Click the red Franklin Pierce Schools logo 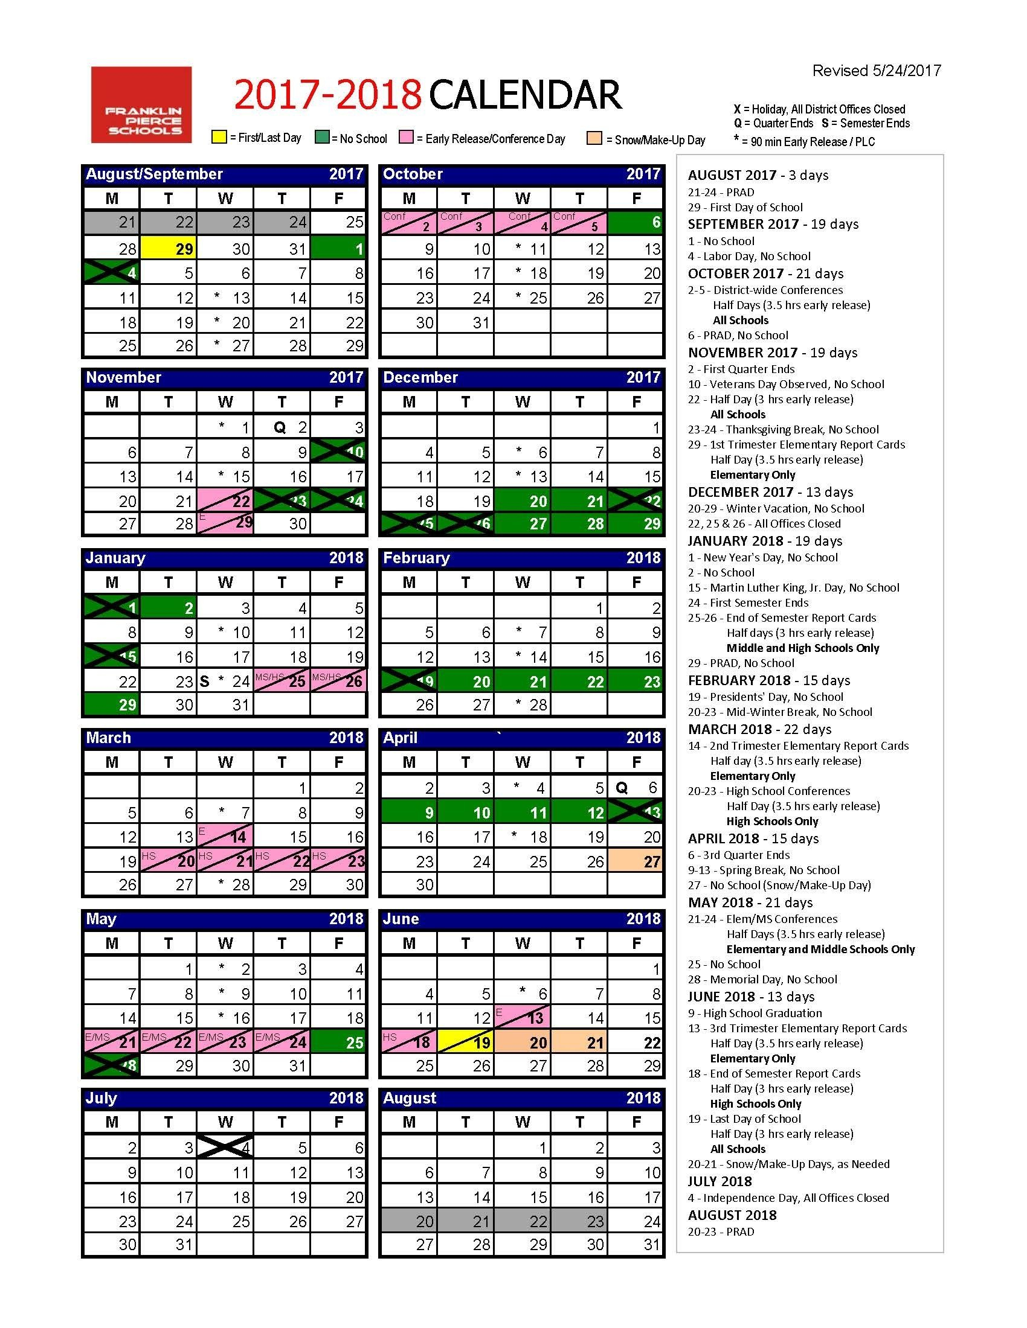point(141,104)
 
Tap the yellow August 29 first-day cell point(169,248)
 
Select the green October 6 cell point(636,223)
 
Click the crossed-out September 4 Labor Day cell point(111,272)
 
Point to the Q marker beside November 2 point(279,427)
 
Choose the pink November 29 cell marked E point(225,523)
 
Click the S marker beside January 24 point(205,681)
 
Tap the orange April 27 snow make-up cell point(636,861)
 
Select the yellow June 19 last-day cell point(465,1042)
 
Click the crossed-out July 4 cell point(225,1147)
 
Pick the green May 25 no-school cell point(339,1042)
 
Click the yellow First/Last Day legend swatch point(219,137)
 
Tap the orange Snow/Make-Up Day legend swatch point(594,138)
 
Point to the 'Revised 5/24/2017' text point(876,71)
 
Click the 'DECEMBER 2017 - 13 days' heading point(770,492)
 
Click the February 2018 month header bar point(521,558)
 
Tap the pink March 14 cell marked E point(225,836)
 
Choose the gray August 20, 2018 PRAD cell point(409,1221)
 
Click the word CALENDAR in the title point(525,95)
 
